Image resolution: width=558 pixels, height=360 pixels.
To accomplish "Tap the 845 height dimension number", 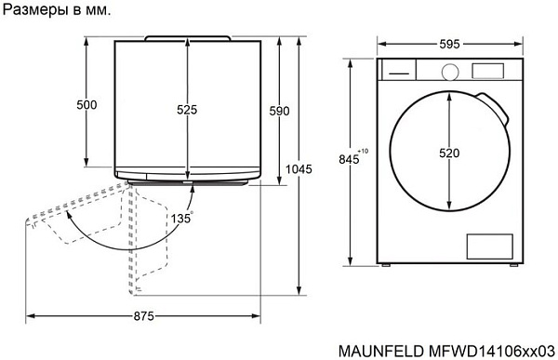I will (x=349, y=160).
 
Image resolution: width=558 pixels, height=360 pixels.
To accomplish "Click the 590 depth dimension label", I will (x=279, y=111).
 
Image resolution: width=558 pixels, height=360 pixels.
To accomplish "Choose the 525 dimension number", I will (x=187, y=110).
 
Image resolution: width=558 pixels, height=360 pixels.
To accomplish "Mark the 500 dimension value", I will (x=86, y=105).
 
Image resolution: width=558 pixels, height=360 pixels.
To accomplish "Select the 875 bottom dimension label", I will (x=142, y=316).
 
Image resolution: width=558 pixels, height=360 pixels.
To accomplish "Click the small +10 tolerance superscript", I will (x=363, y=151).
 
